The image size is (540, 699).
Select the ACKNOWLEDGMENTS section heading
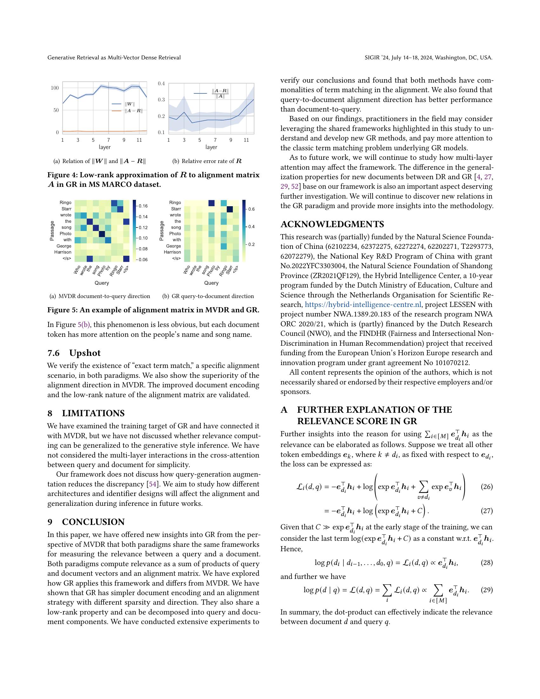click(x=332, y=224)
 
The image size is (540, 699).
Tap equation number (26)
click(x=487, y=487)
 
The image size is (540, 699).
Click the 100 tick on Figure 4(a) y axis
click(x=55, y=88)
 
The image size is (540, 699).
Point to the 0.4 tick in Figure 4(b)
click(x=161, y=84)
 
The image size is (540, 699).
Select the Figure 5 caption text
click(x=153, y=310)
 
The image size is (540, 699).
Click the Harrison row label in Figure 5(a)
click(x=63, y=252)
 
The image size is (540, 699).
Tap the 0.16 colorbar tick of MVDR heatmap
click(x=143, y=206)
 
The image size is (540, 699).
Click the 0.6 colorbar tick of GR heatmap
click(x=252, y=209)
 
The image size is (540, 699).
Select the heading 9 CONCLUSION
click(x=86, y=522)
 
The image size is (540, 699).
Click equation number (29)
click(x=487, y=590)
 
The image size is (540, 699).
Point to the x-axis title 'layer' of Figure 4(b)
click(x=211, y=147)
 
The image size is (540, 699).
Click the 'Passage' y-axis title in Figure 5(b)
click(x=162, y=230)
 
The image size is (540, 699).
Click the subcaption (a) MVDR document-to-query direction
click(x=100, y=296)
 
